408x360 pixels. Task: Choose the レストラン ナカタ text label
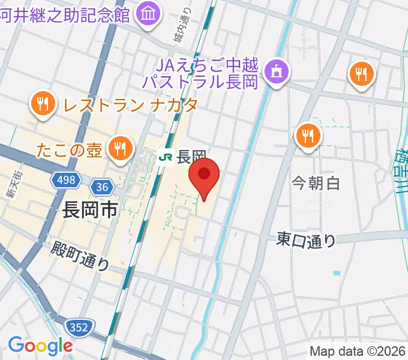[x=130, y=106]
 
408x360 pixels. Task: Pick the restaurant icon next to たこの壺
[x=121, y=148]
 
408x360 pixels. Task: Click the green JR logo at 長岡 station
[x=166, y=157]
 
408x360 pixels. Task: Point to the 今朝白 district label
[x=316, y=183]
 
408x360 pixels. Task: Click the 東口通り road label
[x=307, y=240]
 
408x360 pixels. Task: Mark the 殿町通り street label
[x=80, y=255]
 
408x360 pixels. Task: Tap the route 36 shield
[x=103, y=187]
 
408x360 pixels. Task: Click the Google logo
[x=40, y=345]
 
